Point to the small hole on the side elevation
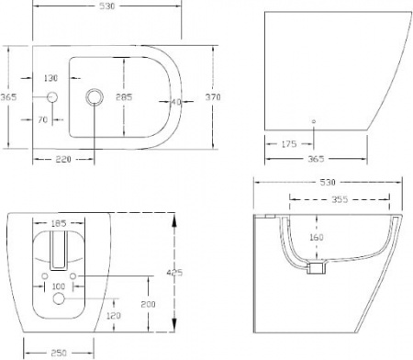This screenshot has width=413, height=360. click(315, 120)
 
